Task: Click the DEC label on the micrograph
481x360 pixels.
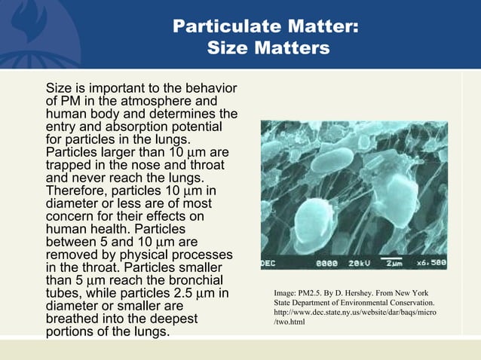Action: [x=269, y=264]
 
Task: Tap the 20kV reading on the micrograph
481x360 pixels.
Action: [x=354, y=264]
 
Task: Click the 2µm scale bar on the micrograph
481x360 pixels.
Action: [x=394, y=264]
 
